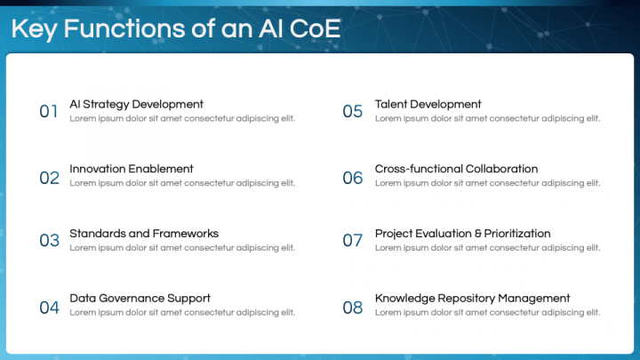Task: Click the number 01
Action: click(49, 111)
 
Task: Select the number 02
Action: click(49, 178)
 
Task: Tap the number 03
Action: click(49, 241)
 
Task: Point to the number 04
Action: click(49, 308)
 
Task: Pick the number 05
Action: click(353, 111)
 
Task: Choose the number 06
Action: click(353, 178)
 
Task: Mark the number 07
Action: click(353, 241)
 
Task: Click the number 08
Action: click(353, 308)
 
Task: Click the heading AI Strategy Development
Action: click(136, 104)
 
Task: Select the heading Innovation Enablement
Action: click(131, 169)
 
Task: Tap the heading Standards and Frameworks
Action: click(143, 234)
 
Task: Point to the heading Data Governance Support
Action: click(140, 299)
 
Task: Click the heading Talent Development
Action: click(428, 104)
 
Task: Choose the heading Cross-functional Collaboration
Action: click(456, 169)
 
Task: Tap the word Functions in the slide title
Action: click(125, 28)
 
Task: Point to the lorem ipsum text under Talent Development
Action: click(487, 118)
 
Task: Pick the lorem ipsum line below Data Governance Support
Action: click(182, 313)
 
